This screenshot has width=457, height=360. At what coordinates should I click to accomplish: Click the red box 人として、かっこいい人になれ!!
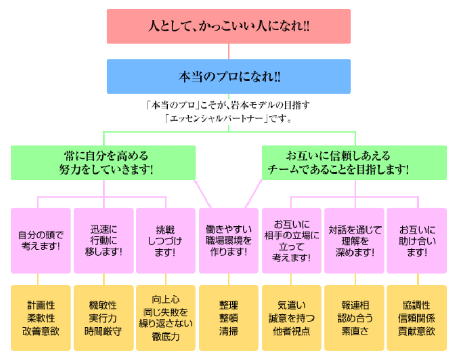pos(229,26)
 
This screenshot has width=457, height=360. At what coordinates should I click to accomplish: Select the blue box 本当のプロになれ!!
pos(229,76)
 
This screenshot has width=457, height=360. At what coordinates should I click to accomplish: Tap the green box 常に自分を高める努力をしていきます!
pos(103,163)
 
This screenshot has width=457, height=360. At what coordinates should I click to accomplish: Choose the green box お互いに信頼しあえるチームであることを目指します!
pos(354,163)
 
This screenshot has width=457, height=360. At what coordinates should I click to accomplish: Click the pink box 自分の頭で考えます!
pos(41,241)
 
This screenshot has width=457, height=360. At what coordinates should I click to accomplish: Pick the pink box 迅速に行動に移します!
pos(103,241)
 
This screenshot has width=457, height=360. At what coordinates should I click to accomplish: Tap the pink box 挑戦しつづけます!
pos(166,241)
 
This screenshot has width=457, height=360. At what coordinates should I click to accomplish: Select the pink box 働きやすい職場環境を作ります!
pos(229,241)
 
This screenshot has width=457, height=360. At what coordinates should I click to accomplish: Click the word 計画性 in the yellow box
pos(41,305)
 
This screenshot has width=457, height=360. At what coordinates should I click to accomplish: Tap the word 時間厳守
pos(103,331)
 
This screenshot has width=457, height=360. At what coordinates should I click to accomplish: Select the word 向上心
pos(166,300)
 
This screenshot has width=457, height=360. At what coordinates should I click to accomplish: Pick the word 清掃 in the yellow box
pos(229,331)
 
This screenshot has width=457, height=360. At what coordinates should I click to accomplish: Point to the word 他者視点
pos(291,331)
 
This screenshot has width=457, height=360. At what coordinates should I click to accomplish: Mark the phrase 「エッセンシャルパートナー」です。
pos(229,118)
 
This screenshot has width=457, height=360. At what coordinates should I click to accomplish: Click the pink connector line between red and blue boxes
pos(229,51)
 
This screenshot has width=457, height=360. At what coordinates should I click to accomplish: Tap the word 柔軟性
pos(41,318)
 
